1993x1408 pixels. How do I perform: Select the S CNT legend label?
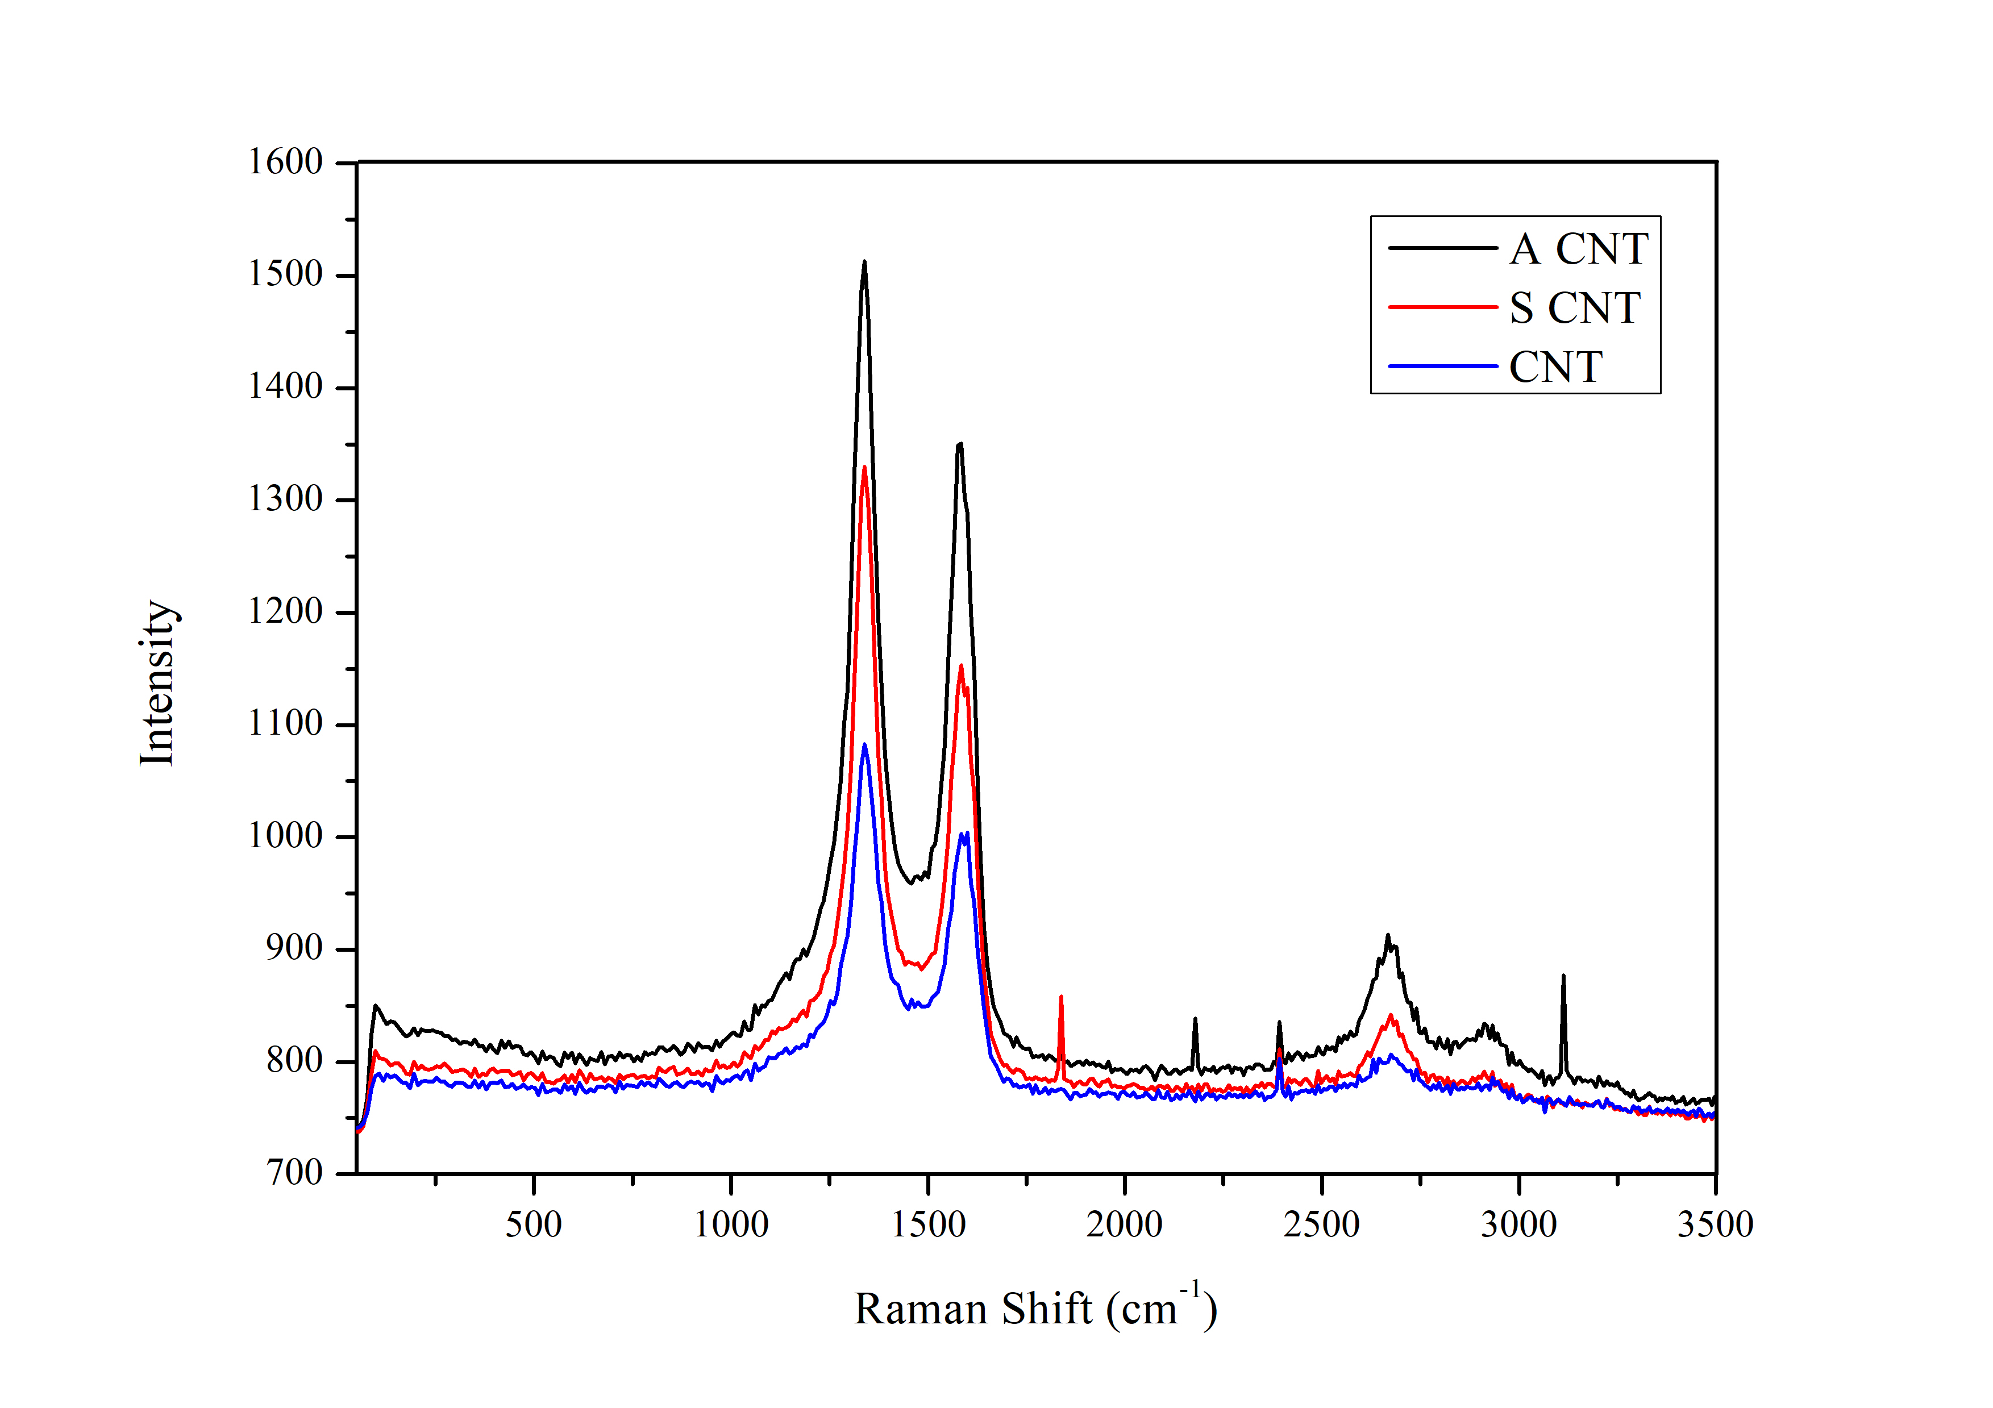point(1575,308)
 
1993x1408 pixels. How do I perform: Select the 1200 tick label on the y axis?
point(286,611)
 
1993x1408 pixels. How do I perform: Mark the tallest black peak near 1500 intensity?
point(864,262)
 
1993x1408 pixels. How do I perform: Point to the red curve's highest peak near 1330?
point(864,469)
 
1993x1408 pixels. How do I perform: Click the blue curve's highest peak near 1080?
point(864,745)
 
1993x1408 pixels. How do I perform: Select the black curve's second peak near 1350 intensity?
point(960,444)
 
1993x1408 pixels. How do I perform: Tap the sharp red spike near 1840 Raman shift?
point(1061,997)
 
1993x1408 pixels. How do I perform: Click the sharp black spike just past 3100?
point(1563,977)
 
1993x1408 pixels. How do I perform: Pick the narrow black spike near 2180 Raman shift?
point(1195,1019)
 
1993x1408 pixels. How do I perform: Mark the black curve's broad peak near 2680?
point(1388,936)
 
